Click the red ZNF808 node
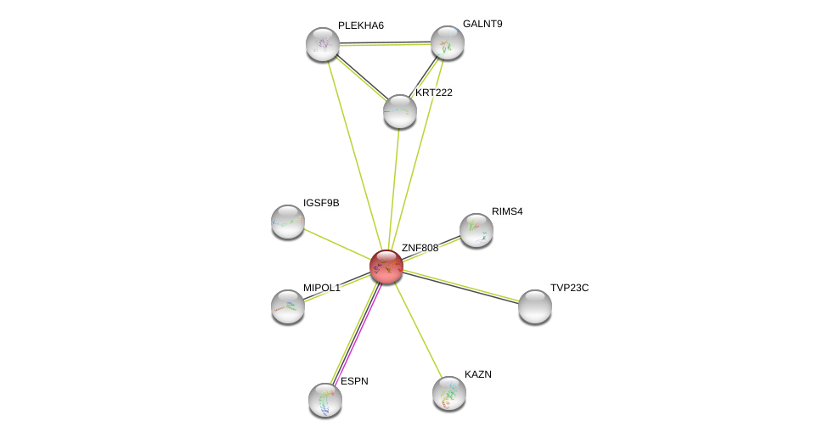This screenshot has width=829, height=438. [x=386, y=267]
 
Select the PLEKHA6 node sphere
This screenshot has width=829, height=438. [x=323, y=44]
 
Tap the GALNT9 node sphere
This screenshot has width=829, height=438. [x=448, y=42]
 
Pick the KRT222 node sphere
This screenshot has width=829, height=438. [x=400, y=111]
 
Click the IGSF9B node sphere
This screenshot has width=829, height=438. [x=288, y=222]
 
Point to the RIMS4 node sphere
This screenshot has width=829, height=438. [x=477, y=230]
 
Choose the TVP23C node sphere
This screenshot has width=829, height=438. [x=535, y=306]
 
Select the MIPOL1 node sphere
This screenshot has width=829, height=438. [x=288, y=306]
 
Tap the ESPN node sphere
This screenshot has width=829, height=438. [x=325, y=400]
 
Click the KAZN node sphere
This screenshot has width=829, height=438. [x=449, y=393]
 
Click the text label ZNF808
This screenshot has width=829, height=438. [x=420, y=248]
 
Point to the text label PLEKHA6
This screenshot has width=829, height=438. [x=360, y=25]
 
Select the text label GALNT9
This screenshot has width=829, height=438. [x=482, y=24]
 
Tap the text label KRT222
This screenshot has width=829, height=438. [x=433, y=93]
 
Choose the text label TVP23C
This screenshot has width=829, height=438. [x=569, y=288]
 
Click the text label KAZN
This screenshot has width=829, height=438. [x=478, y=374]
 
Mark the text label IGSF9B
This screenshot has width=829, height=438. [x=322, y=203]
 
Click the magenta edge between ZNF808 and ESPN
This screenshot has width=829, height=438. [x=360, y=331]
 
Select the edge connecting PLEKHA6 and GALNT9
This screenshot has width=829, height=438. [x=385, y=43]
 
